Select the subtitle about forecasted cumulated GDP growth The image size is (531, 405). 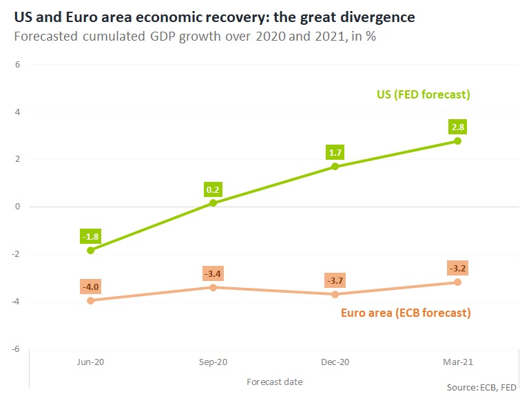195,35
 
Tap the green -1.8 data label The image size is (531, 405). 90,237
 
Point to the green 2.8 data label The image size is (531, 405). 457,127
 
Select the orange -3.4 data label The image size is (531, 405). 213,273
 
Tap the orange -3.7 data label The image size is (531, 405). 335,281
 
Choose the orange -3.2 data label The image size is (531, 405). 457,269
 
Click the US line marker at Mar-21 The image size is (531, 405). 457,141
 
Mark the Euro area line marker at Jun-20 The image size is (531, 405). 90,300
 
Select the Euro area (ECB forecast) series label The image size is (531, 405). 406,313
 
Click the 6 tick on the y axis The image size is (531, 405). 19,65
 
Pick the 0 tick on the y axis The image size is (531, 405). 19,207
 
